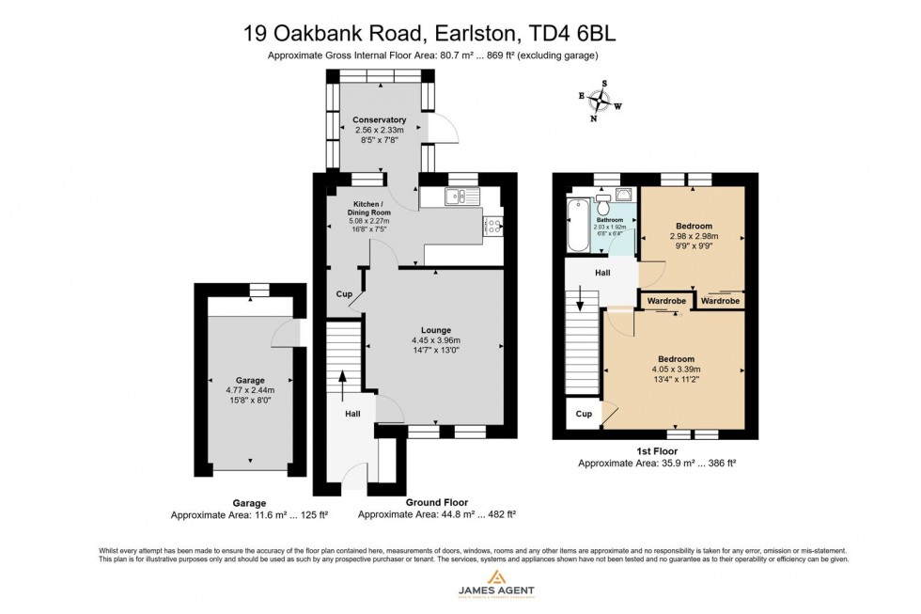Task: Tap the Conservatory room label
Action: click(x=379, y=120)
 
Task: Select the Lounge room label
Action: click(x=436, y=330)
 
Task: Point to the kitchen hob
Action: click(x=492, y=225)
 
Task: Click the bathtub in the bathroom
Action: click(x=577, y=226)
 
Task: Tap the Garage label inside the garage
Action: click(x=250, y=380)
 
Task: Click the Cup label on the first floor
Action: click(x=583, y=414)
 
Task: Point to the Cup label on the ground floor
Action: click(x=344, y=294)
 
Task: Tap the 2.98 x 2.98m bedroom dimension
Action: click(x=694, y=237)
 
